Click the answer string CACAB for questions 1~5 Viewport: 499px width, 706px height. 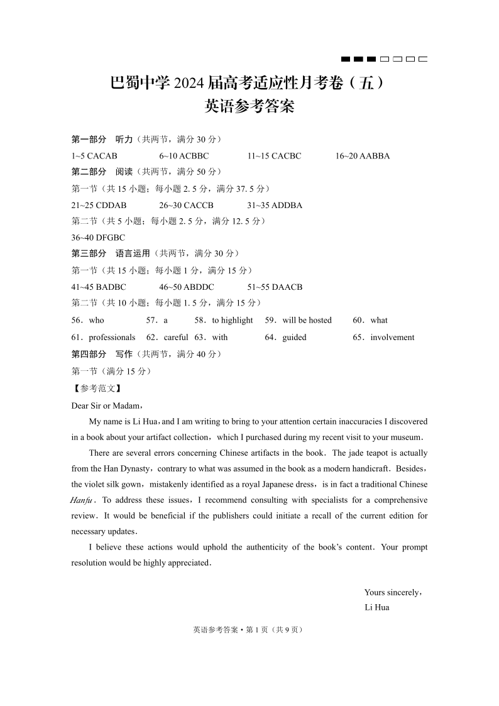tap(102, 156)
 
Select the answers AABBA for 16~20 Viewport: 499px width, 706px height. tap(372, 156)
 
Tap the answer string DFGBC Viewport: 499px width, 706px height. tap(111, 238)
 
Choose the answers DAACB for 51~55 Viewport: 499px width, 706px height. tap(287, 287)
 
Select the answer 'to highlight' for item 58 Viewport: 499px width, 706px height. tap(233, 320)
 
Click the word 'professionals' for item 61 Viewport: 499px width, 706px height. tap(112, 337)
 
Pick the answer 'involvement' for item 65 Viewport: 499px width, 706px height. tap(392, 337)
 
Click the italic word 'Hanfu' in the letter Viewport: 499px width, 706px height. tap(82, 500)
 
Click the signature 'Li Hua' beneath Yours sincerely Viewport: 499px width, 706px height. tap(376, 607)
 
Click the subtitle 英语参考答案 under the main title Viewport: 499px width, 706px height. tap(249, 107)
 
